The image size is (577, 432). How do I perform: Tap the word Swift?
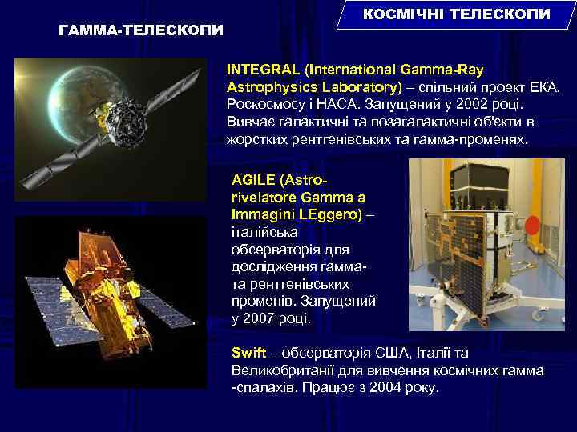pos(248,352)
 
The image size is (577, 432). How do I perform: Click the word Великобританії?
pos(280,370)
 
